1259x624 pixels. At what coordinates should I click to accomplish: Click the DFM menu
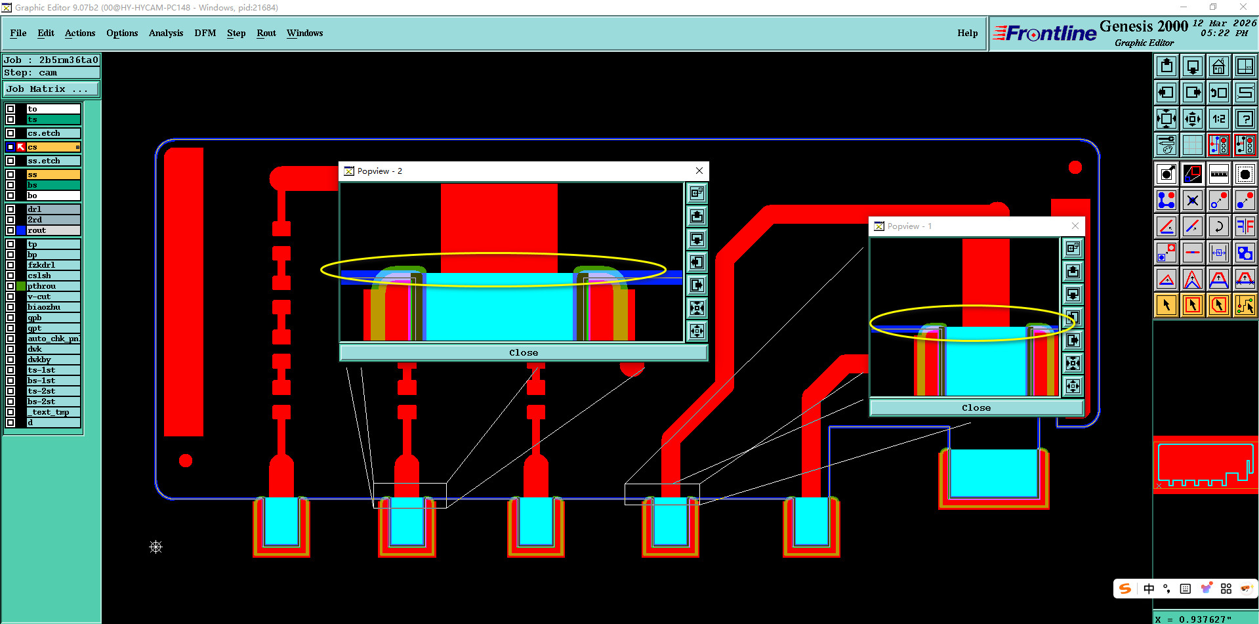(205, 33)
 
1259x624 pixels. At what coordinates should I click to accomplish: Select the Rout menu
(266, 33)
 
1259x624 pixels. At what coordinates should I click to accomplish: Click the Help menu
(967, 33)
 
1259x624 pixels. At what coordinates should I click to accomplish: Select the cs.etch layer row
(52, 133)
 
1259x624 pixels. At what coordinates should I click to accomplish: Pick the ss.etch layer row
(52, 161)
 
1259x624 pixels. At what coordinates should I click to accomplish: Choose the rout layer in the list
(52, 230)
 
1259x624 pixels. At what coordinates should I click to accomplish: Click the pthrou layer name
(42, 286)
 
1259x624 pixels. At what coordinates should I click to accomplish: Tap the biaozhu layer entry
(44, 307)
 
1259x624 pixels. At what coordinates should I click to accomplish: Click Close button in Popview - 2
(523, 352)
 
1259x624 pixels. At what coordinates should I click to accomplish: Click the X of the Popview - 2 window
(699, 171)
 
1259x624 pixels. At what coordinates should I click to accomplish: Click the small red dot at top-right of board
(1075, 167)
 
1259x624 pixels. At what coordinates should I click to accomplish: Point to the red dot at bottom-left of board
(186, 461)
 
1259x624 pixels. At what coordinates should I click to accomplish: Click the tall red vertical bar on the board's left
(184, 292)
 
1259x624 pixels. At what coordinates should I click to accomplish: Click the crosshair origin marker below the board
(155, 547)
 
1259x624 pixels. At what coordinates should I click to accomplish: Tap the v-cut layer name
(39, 297)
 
